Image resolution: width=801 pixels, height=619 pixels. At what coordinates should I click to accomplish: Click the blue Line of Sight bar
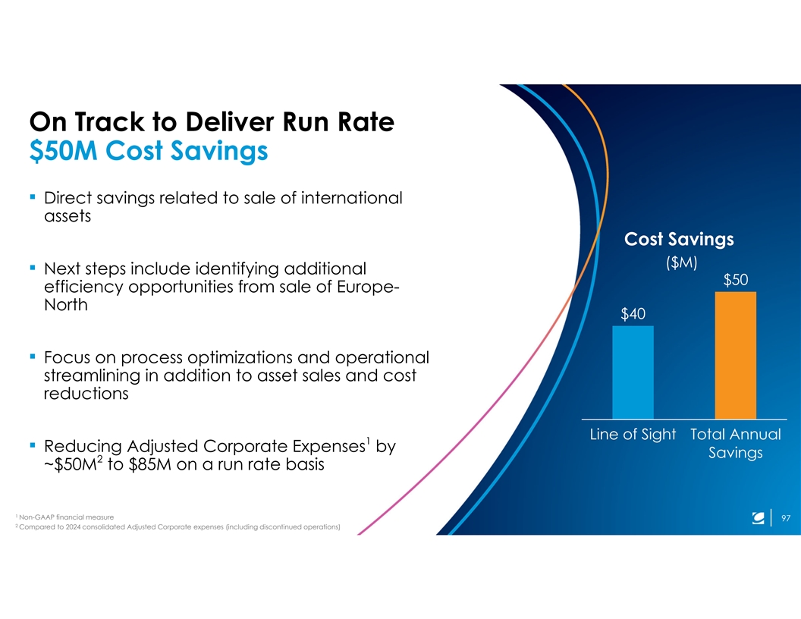(633, 372)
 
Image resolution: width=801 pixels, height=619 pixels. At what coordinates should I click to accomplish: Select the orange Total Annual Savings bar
(736, 356)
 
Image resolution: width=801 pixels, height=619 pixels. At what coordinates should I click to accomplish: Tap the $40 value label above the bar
(633, 313)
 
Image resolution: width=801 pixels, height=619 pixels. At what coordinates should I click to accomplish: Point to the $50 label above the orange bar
(736, 280)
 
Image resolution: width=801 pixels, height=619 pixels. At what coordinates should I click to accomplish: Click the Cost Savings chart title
(679, 239)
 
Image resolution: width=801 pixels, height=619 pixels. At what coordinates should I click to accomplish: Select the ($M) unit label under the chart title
(681, 262)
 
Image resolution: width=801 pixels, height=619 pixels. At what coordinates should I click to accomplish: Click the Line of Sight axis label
(633, 434)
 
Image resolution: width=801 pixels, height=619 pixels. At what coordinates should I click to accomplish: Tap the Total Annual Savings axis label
(736, 443)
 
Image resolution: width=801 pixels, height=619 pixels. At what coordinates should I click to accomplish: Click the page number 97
(786, 518)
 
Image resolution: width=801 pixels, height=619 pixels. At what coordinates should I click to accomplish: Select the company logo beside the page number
(758, 518)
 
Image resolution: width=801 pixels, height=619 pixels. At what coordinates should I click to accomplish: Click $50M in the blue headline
(64, 151)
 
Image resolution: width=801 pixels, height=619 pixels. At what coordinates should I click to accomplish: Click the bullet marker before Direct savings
(33, 196)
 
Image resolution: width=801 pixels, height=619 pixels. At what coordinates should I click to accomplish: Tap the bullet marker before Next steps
(33, 267)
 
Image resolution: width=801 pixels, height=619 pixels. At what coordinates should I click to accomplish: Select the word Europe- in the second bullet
(368, 287)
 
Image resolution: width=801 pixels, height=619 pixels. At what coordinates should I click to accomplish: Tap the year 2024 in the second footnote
(73, 527)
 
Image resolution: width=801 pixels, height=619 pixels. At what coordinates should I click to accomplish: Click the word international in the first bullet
(351, 198)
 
